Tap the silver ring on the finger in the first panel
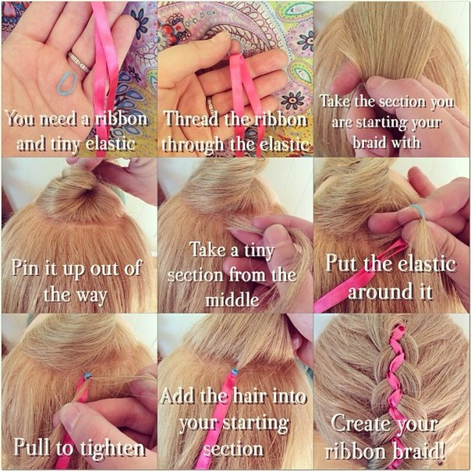[79, 62]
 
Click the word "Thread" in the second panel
[192, 119]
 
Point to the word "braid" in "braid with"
[369, 142]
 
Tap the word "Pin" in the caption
[26, 267]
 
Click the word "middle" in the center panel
[232, 299]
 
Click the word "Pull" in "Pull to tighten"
[32, 447]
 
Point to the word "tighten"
[112, 448]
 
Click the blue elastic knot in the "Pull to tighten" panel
[87, 376]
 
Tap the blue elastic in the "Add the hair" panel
[234, 372]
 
